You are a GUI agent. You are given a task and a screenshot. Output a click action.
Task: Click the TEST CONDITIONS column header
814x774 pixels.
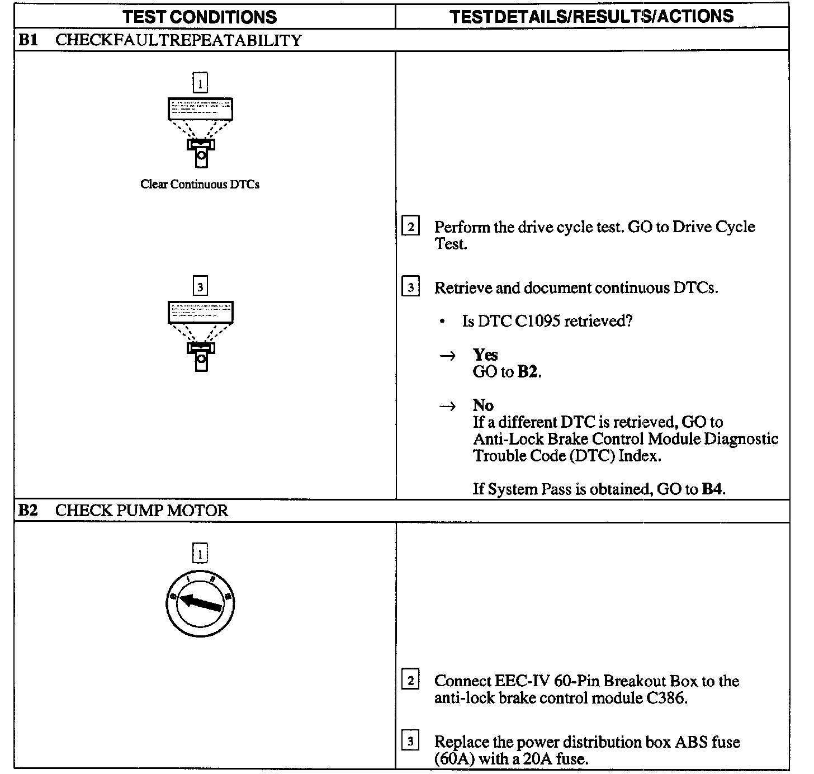(200, 17)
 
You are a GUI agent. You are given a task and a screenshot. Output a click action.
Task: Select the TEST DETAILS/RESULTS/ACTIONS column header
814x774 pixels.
(591, 16)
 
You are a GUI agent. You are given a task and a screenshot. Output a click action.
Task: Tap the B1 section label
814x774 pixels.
(28, 40)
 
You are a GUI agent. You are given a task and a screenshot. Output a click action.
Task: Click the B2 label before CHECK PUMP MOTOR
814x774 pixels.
(28, 511)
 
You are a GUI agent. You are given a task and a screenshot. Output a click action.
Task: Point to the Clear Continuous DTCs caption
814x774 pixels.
(200, 185)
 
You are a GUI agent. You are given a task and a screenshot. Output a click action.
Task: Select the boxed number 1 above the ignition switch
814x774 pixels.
(200, 554)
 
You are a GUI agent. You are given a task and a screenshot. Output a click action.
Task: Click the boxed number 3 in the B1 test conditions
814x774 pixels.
(200, 287)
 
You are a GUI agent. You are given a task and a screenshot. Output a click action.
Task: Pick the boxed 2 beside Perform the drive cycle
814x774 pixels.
(411, 227)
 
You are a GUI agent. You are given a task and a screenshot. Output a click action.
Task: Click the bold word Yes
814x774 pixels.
(485, 355)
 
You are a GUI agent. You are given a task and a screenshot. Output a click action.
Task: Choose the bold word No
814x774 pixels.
(483, 405)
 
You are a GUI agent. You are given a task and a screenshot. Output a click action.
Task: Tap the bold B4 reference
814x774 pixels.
(713, 489)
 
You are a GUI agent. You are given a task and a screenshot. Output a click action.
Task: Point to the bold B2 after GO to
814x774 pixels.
(528, 372)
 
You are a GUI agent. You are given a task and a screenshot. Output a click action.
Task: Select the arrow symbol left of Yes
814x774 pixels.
(447, 356)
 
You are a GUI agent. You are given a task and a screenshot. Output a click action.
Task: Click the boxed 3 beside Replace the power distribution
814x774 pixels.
(411, 742)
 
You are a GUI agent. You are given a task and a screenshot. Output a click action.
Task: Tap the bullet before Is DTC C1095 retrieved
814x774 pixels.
(443, 322)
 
